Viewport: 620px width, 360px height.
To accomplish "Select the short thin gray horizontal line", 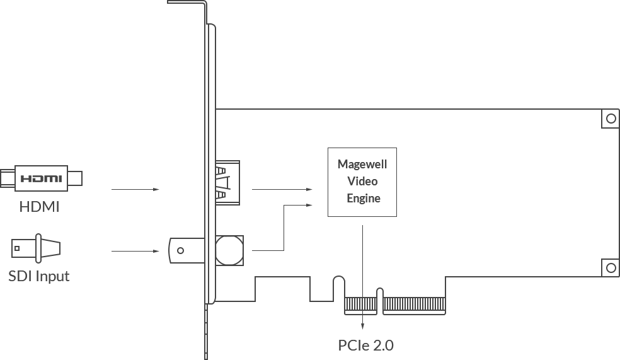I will coord(135,189).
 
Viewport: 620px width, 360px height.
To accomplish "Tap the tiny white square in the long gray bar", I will coord(164,250).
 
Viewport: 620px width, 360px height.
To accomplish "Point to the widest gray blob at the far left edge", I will coord(43,177).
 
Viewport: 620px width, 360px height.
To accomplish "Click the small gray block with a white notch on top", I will coord(40,204).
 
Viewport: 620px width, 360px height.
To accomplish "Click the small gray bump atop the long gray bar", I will coord(40,235).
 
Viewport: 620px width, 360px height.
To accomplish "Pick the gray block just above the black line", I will coord(37,274).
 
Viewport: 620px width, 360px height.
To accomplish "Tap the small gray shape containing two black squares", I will coord(366,345).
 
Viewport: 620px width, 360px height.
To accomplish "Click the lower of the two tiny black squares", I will coord(345,350).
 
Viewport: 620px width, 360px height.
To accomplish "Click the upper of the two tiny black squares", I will coord(355,345).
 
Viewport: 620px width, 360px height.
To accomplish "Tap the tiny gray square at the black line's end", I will coord(48,285).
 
